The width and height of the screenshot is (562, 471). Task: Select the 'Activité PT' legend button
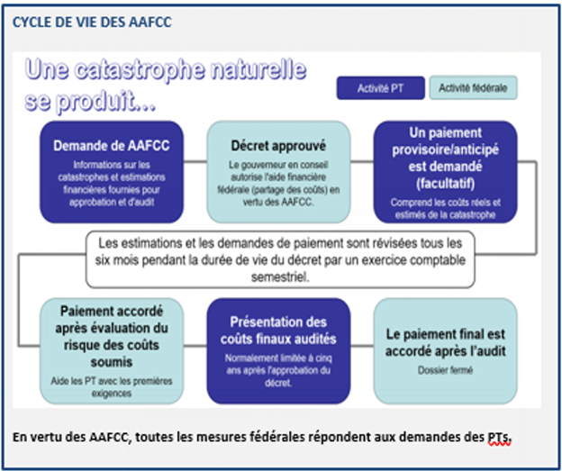click(380, 88)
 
